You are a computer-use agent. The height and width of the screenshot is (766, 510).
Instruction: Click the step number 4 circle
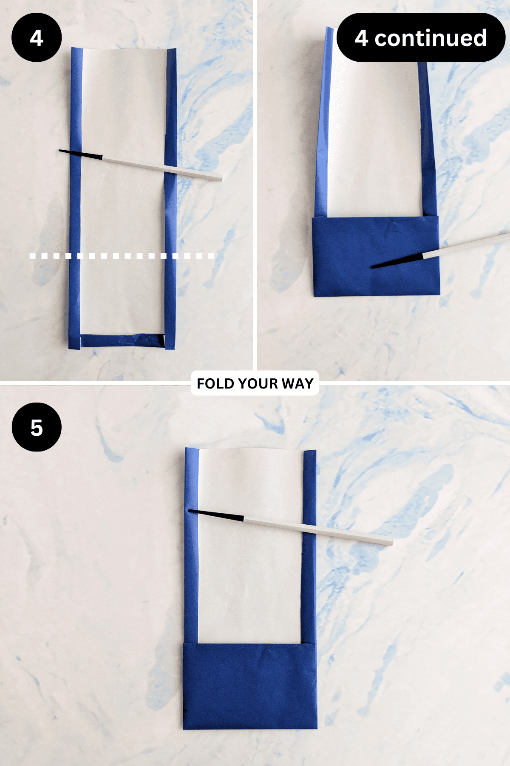37,37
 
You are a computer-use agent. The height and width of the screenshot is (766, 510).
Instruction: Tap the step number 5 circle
37,427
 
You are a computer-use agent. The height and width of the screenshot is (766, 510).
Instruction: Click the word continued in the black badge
430,38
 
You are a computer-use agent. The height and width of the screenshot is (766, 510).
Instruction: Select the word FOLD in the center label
216,383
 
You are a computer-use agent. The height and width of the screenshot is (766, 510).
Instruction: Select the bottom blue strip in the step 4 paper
122,341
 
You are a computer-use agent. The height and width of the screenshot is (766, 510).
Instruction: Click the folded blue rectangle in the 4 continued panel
376,255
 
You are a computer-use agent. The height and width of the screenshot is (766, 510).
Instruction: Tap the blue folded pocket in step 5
250,685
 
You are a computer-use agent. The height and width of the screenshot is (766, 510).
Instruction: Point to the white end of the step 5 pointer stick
382,539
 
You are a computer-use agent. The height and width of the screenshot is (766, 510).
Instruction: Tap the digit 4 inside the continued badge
361,38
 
